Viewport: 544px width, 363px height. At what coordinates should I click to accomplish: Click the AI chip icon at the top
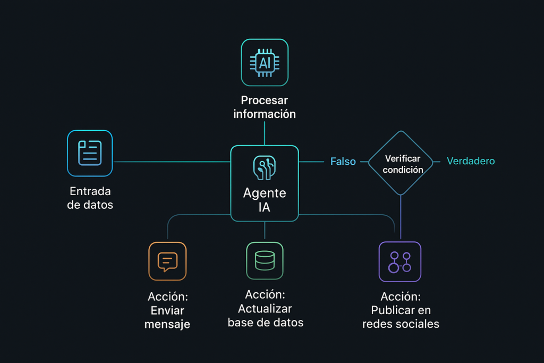(265, 62)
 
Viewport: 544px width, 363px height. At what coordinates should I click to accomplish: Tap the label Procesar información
(265, 107)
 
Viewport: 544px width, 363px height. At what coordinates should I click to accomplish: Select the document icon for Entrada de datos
(90, 153)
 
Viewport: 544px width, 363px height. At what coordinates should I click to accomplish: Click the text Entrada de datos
(90, 198)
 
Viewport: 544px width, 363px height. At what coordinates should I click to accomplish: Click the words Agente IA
(265, 200)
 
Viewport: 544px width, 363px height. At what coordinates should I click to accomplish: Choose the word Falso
(343, 162)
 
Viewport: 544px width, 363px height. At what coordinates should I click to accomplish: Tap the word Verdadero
(471, 161)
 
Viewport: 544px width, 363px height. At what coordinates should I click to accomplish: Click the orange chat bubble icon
(167, 261)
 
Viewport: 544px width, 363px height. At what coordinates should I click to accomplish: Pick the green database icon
(265, 260)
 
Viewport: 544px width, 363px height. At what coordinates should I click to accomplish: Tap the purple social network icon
(400, 261)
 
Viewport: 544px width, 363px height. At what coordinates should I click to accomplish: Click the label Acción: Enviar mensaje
(167, 310)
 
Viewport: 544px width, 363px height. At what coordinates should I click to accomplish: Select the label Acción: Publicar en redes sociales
(401, 310)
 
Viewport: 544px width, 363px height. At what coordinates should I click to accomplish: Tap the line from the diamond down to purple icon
(401, 218)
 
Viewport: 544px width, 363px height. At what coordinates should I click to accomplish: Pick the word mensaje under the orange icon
(167, 324)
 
